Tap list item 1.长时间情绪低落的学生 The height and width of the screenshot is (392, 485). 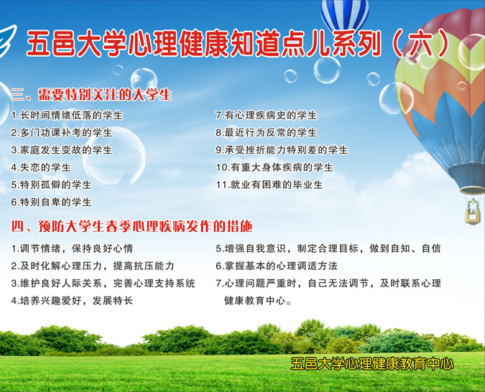coord(67,115)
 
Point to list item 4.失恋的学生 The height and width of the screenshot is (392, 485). coord(41,167)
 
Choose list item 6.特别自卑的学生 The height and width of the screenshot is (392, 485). coord(51,202)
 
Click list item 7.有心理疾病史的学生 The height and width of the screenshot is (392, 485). coord(266,115)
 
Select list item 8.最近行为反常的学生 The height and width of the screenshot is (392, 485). coord(266,133)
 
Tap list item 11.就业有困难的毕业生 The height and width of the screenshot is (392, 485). coord(269,185)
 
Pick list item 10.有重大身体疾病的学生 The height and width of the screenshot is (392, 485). coord(274,167)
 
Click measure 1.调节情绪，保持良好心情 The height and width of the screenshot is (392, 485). coord(72,248)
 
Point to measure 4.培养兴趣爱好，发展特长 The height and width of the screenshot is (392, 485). coord(72,301)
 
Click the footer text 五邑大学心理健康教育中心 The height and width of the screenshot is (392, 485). coord(372,364)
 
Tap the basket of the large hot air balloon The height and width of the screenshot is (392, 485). coord(472,210)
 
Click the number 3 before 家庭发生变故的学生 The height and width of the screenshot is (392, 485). coord(14,150)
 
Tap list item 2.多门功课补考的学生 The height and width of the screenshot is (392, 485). coord(62,133)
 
